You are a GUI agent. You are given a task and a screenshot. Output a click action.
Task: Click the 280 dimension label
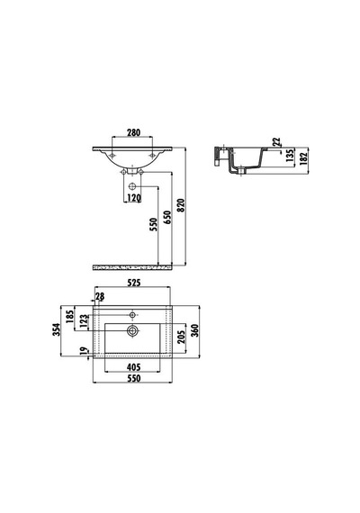(x=133, y=132)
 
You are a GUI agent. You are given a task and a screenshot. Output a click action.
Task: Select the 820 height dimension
(x=181, y=205)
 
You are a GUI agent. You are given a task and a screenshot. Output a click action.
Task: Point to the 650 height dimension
(x=166, y=217)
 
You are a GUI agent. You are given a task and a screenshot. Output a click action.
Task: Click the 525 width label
(x=133, y=283)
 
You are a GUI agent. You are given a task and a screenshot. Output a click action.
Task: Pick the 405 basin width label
(x=133, y=367)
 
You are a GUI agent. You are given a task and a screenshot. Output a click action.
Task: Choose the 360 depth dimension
(x=194, y=331)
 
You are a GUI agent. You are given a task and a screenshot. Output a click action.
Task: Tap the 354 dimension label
(x=57, y=329)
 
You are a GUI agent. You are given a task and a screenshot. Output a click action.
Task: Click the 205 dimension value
(x=181, y=337)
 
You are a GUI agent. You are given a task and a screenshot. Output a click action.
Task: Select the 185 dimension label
(x=70, y=317)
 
